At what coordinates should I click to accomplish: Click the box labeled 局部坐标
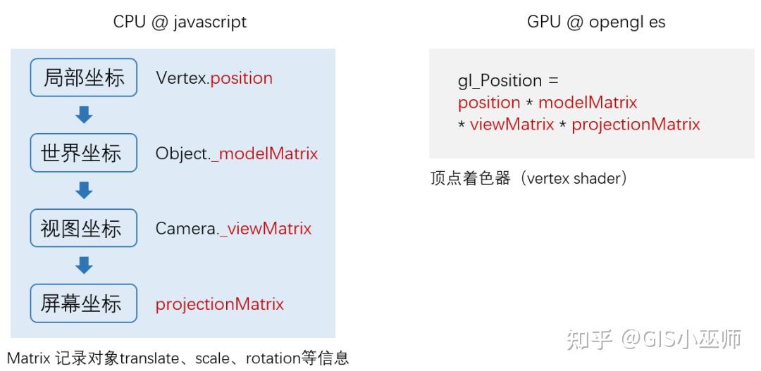[84, 77]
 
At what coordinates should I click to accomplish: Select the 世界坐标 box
[84, 153]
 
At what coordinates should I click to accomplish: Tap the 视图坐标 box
[84, 228]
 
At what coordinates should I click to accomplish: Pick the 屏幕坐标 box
[84, 303]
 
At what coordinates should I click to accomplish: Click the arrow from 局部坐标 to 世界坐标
[84, 114]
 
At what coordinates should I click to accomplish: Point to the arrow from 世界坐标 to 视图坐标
[84, 189]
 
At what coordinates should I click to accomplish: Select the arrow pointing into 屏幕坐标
[84, 265]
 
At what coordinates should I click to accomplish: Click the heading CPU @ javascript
[180, 22]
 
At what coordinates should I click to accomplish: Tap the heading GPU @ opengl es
[595, 22]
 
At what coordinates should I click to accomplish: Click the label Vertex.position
[214, 78]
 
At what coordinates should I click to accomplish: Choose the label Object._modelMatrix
[237, 153]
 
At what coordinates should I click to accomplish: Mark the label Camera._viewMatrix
[233, 229]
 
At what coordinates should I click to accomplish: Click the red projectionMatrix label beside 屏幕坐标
[219, 304]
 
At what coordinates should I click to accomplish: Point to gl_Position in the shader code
[500, 80]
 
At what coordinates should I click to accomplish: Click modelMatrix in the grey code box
[588, 103]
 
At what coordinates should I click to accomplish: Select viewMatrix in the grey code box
[512, 125]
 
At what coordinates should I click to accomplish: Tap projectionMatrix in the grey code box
[636, 125]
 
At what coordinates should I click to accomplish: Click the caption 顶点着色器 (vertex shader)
[528, 179]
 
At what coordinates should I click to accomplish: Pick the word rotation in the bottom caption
[273, 358]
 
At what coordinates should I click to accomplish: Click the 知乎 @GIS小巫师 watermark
[655, 339]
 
